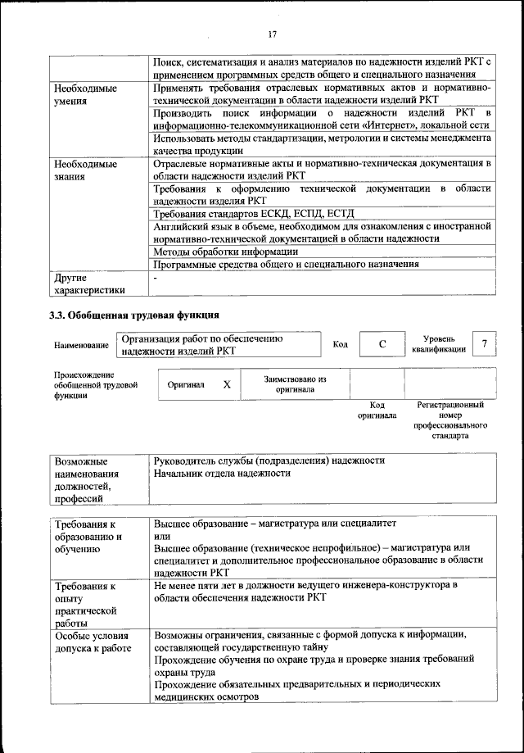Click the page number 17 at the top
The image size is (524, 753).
(273, 34)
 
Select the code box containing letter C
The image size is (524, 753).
(382, 345)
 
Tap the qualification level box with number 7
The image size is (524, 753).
(486, 344)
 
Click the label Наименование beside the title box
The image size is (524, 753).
(81, 346)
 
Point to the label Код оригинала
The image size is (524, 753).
(377, 410)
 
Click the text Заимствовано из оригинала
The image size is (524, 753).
(295, 384)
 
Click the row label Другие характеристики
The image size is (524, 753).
(89, 284)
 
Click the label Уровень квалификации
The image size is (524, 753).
(440, 343)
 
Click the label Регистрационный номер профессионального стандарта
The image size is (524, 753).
(450, 420)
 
